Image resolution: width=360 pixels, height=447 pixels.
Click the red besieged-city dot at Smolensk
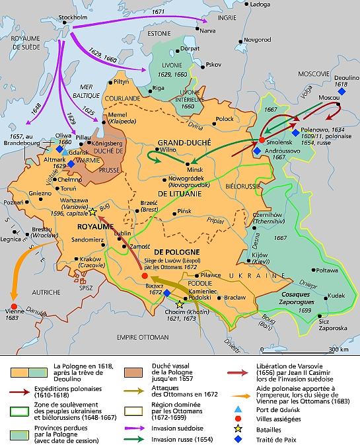tap(262, 140)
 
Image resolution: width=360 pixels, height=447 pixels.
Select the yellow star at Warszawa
tap(92, 212)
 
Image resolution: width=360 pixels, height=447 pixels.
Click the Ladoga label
tap(261, 5)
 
